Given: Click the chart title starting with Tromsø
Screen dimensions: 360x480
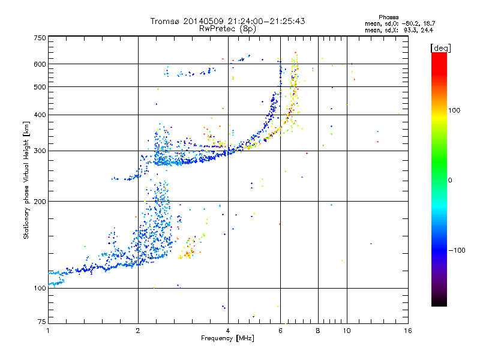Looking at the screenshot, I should click(227, 21).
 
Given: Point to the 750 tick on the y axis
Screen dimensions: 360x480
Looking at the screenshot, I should click(40, 37).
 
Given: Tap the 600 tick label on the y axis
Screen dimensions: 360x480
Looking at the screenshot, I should click(40, 64).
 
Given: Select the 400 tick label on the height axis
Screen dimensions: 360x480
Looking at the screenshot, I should click(40, 115).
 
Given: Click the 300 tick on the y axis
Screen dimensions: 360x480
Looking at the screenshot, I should click(40, 151).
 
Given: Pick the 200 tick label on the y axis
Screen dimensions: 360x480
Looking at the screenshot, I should click(40, 201).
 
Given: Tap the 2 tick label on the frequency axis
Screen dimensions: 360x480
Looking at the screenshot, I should click(138, 330).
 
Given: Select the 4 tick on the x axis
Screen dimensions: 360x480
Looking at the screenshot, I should click(228, 330).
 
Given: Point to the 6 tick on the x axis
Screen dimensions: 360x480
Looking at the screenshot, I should click(280, 330).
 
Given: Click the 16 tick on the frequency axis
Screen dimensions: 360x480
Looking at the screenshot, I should click(407, 330).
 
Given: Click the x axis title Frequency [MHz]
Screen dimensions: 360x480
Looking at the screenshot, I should click(227, 338).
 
